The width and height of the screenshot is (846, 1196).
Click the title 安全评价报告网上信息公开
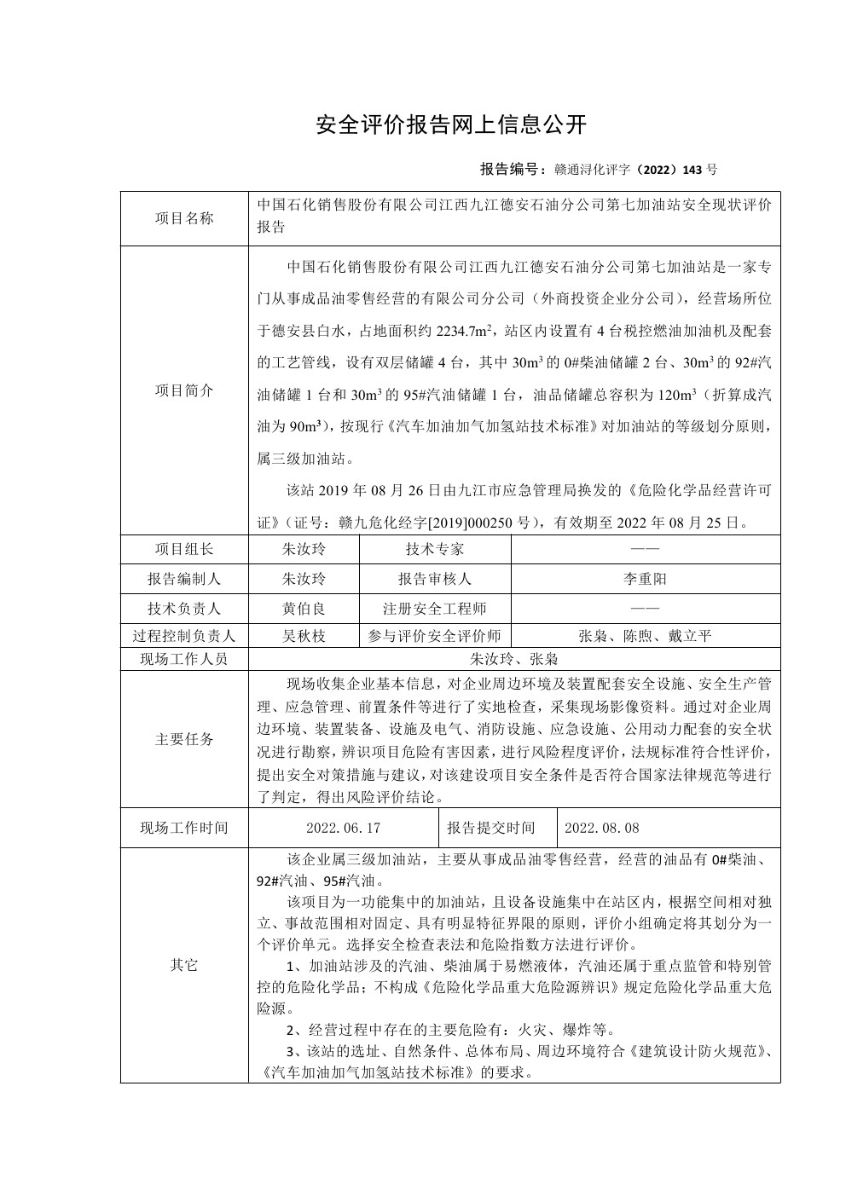point(451,124)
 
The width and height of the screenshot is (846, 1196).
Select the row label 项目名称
point(184,218)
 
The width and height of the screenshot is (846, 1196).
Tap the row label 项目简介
point(184,390)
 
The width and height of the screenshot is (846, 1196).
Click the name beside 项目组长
point(304,550)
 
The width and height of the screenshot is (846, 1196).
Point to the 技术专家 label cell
point(435,550)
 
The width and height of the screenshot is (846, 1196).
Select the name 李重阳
point(645,579)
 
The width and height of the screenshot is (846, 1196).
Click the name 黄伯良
point(304,609)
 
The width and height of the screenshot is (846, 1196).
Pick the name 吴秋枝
point(304,636)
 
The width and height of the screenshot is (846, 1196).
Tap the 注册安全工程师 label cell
point(435,609)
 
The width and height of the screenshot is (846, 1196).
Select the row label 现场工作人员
point(184,659)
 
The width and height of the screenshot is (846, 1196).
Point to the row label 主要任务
point(184,739)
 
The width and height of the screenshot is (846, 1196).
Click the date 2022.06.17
point(343,828)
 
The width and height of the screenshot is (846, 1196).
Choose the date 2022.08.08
point(601,828)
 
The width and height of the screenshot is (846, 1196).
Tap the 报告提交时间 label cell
point(491,828)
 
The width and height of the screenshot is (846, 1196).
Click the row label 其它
point(184,965)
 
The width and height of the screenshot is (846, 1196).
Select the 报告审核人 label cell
point(435,579)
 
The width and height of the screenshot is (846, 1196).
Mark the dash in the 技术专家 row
point(645,550)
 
